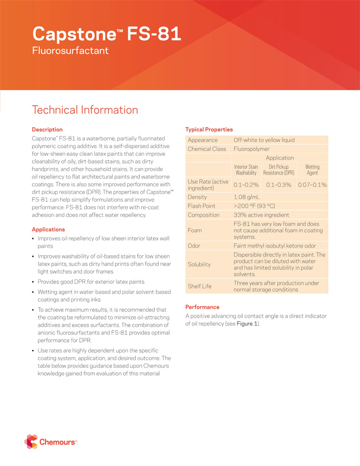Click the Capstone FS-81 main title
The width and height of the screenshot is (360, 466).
coord(107,34)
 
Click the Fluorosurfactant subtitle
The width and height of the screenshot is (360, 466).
coord(70,50)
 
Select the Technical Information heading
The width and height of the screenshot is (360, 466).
coord(85,110)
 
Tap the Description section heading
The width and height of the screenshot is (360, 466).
coord(47,130)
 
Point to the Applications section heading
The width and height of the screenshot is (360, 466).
coord(49,230)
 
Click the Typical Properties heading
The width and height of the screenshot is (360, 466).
coord(209,130)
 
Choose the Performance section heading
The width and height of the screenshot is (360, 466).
coord(202,307)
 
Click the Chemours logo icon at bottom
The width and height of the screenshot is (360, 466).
coord(31,442)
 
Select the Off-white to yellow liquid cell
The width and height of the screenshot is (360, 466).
coord(264,140)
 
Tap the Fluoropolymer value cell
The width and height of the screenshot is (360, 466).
coord(252,149)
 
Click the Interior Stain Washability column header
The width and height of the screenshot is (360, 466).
coord(247,170)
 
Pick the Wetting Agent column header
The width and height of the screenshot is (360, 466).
coord(312,170)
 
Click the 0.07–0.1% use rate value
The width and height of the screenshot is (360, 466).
coord(312,185)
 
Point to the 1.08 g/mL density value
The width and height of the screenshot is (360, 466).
coord(247,197)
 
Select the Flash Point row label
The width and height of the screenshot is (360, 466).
coord(201,206)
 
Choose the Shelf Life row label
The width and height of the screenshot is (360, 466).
coord(199,286)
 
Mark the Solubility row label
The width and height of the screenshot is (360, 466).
coord(199,264)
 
